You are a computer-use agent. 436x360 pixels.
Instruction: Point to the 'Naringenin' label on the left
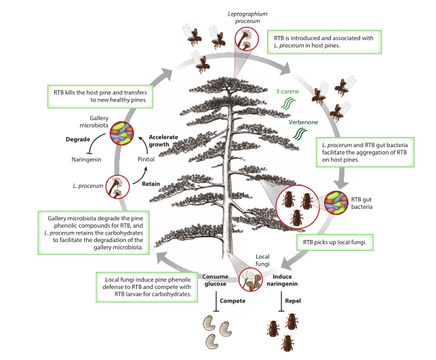pyautogui.click(x=86, y=160)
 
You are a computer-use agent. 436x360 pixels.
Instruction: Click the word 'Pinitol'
pyautogui.click(x=147, y=160)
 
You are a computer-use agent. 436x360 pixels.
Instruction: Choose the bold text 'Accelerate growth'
pyautogui.click(x=163, y=141)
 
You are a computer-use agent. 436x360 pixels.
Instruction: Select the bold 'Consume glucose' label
pyautogui.click(x=217, y=280)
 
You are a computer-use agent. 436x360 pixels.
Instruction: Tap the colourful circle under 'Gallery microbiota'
pyautogui.click(x=122, y=134)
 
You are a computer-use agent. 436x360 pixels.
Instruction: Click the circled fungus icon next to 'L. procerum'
pyautogui.click(x=117, y=185)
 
